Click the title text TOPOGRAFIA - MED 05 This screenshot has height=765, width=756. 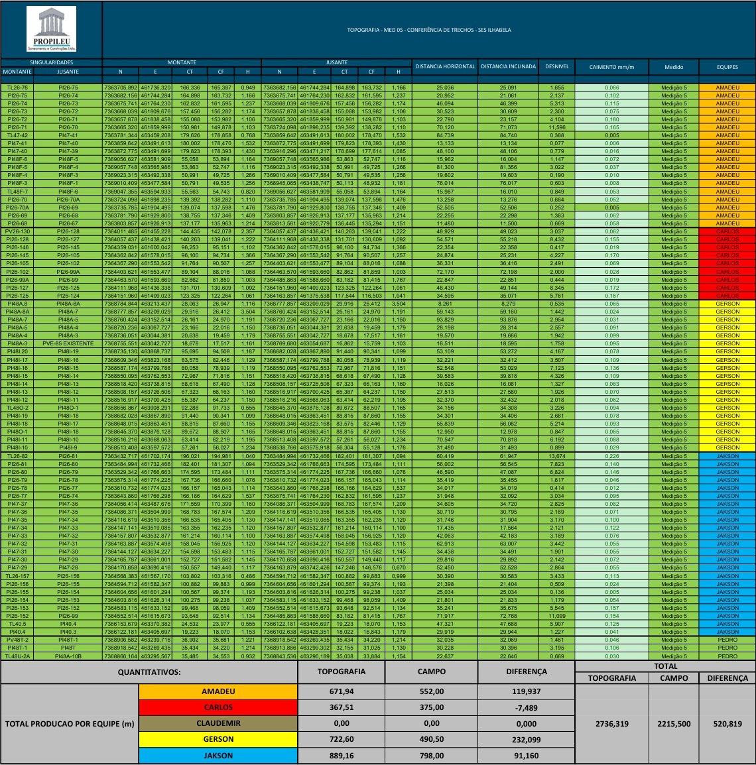point(429,30)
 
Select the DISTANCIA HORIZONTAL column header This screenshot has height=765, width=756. point(445,67)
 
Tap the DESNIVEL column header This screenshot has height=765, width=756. point(556,67)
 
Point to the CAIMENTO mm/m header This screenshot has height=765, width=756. point(611,68)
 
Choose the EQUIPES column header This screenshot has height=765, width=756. point(727,68)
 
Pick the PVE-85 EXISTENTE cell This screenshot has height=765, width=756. point(68,343)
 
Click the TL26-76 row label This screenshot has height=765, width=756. point(17,88)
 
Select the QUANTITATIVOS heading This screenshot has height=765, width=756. point(149,672)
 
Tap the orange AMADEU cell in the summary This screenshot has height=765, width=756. point(218,691)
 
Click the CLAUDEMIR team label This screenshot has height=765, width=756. point(218,723)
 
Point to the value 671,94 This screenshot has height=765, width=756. point(341,691)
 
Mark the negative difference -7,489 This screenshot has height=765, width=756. point(526,707)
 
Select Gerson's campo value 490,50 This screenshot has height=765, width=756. point(431,739)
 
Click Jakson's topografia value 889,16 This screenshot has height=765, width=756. point(341,755)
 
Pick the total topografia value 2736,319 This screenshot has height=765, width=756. point(611,724)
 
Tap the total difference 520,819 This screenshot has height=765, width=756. point(727,724)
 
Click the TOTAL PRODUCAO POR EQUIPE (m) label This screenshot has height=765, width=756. point(70,723)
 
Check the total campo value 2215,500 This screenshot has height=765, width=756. point(674,724)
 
